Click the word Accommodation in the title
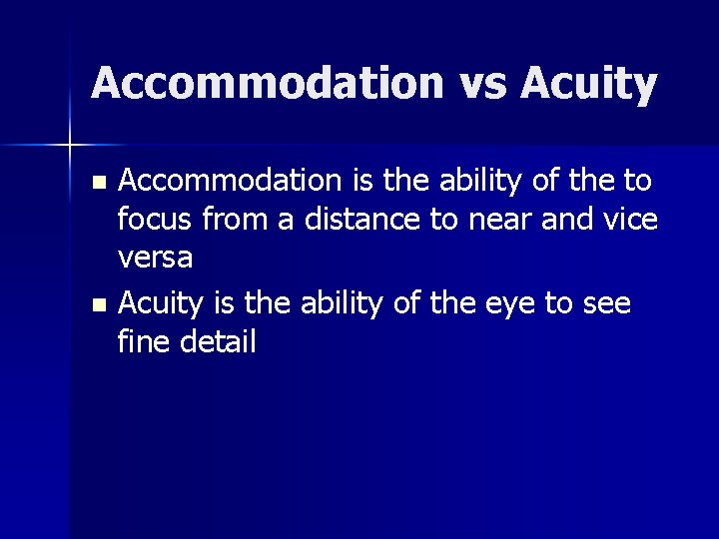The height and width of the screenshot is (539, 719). coord(265,83)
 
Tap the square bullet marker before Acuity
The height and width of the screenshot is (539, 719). coord(97,303)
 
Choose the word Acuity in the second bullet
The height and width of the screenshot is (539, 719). coord(165,301)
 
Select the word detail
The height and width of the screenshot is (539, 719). coord(218,341)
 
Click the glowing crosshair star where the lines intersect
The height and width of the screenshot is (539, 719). coord(70,145)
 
